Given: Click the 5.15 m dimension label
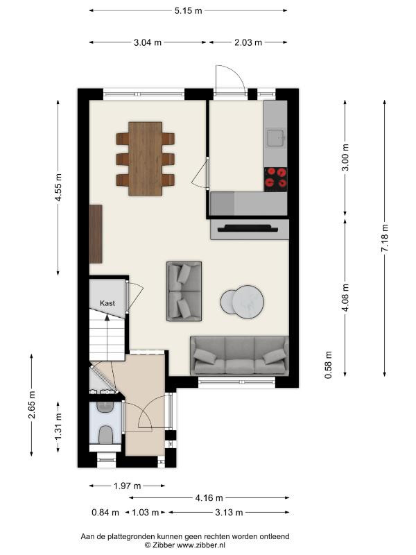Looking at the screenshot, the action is (188, 10).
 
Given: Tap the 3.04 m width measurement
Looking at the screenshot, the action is (148, 42).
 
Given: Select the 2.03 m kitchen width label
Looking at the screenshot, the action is (248, 42).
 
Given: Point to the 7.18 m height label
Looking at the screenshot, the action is (385, 238).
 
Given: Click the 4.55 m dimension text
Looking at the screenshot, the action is (58, 187).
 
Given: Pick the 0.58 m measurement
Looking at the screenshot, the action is (329, 365).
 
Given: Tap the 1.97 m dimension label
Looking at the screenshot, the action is (127, 486).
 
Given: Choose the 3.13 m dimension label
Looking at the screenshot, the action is (229, 512).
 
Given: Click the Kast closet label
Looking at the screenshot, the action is (107, 303).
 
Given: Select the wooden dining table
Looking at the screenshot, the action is (146, 159).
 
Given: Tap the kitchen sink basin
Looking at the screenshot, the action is (275, 138).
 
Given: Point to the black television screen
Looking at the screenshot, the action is (248, 228).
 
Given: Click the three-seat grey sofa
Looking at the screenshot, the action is (239, 356).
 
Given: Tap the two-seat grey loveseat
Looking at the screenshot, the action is (184, 291).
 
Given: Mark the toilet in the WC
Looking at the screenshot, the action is (105, 435).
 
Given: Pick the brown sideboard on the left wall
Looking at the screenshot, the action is (96, 234).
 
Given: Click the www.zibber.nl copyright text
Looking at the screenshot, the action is (184, 545).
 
